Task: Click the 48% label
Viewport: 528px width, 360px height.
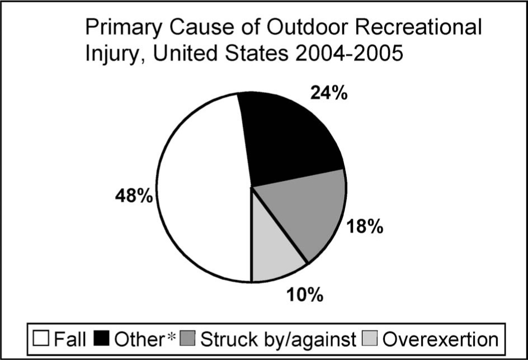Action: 134,196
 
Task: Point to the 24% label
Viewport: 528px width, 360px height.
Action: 329,93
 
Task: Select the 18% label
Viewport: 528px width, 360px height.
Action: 364,226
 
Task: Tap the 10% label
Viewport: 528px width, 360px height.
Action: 305,295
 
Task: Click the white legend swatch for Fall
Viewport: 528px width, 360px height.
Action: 41,338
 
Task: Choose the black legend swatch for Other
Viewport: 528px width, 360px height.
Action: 101,338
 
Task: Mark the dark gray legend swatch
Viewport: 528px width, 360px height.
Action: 187,338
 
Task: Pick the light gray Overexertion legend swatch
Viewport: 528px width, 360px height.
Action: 370,338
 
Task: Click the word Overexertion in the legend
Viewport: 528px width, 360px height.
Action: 440,339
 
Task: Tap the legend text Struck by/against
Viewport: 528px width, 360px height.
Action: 279,340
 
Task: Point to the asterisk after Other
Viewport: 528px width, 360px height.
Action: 172,336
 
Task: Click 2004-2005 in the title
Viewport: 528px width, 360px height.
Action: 348,53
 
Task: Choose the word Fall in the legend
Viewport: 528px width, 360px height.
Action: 70,339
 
